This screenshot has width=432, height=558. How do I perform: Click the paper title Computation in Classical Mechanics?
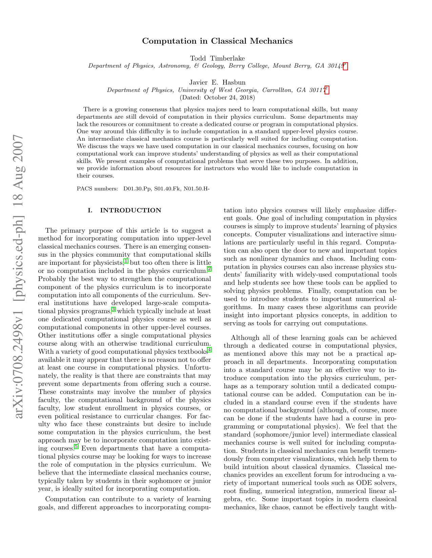[x=217, y=41]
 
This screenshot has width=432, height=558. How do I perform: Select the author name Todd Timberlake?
[x=217, y=59]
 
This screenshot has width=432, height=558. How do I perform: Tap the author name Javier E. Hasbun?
[x=217, y=82]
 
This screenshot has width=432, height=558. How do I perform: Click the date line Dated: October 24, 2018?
[x=217, y=98]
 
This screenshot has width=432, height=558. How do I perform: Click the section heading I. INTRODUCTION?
[x=124, y=210]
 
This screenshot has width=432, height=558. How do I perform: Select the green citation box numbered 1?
[x=126, y=261]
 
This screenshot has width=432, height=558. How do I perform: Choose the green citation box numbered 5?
[x=76, y=447]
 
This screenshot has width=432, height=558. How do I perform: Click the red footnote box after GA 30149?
[x=345, y=66]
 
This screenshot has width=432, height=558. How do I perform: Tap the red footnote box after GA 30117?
[x=327, y=90]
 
